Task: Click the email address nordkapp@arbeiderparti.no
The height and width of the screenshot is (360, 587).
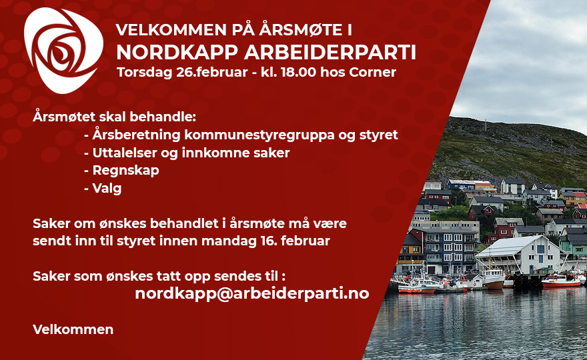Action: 252,293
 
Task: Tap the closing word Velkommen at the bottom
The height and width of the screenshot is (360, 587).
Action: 73,329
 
